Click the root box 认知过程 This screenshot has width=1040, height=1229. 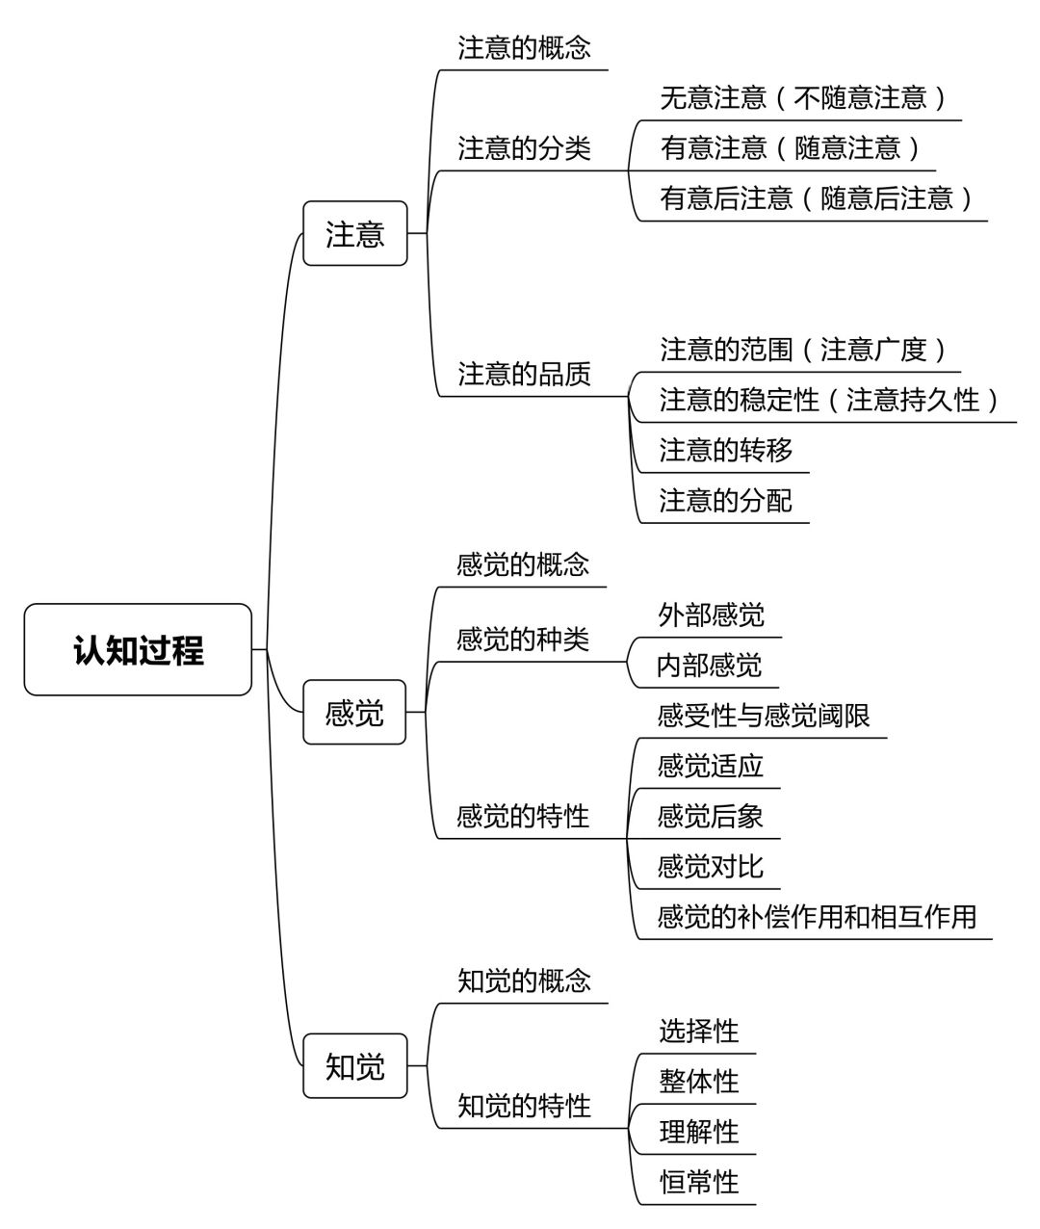[138, 649]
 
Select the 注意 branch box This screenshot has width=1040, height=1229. [355, 233]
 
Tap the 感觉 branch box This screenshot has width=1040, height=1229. [354, 712]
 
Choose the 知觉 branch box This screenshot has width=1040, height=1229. [355, 1065]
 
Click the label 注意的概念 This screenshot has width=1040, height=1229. [524, 48]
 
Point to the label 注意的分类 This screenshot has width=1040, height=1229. [524, 148]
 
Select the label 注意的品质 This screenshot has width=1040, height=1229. [524, 375]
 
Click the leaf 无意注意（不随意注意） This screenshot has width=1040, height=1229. [803, 98]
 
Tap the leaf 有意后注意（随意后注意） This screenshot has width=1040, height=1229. [816, 198]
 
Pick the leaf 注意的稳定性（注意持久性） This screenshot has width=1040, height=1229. [829, 400]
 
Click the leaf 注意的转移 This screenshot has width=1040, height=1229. [725, 450]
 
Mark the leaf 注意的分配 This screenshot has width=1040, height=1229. [725, 501]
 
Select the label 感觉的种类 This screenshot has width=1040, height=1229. [523, 640]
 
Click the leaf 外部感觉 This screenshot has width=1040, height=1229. [711, 614]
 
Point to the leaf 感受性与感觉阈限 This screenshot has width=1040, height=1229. [764, 716]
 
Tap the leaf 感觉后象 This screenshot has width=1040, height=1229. [711, 816]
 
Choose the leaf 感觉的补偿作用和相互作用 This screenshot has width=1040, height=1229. [817, 916]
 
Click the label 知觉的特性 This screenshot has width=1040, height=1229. [524, 1107]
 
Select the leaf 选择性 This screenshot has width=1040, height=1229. [699, 1031]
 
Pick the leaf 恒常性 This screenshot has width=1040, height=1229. [699, 1182]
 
